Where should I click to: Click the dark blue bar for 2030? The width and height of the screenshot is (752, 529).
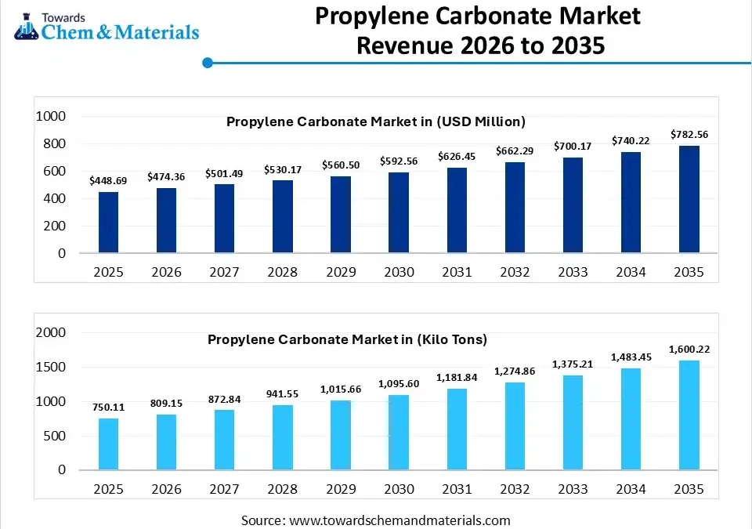pyautogui.click(x=399, y=212)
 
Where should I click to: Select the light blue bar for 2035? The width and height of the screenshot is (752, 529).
pyautogui.click(x=689, y=415)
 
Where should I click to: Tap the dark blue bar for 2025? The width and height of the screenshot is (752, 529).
pyautogui.click(x=109, y=223)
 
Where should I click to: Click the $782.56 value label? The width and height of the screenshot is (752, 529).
pyautogui.click(x=689, y=135)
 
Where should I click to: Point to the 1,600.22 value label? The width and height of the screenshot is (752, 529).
pyautogui.click(x=689, y=349)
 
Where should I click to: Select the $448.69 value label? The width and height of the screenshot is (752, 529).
pyautogui.click(x=109, y=180)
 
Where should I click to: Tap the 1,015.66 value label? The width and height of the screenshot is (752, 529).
pyautogui.click(x=341, y=389)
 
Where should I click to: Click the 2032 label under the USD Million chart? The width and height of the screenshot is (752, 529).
pyautogui.click(x=515, y=272)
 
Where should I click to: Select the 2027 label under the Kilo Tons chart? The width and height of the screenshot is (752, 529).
pyautogui.click(x=225, y=489)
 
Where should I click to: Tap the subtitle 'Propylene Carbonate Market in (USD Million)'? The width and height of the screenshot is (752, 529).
pyautogui.click(x=376, y=121)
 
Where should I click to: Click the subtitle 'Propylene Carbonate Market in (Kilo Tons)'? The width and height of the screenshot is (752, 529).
pyautogui.click(x=347, y=339)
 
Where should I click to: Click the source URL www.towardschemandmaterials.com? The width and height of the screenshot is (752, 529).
pyautogui.click(x=399, y=520)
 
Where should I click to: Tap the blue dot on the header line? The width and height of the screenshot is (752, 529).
pyautogui.click(x=208, y=63)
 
